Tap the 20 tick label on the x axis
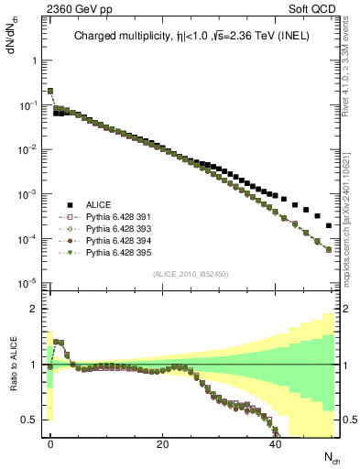[x=162, y=444]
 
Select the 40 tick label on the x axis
[x=275, y=444]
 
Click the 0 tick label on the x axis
[x=49, y=444]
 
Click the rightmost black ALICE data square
[x=329, y=225]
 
